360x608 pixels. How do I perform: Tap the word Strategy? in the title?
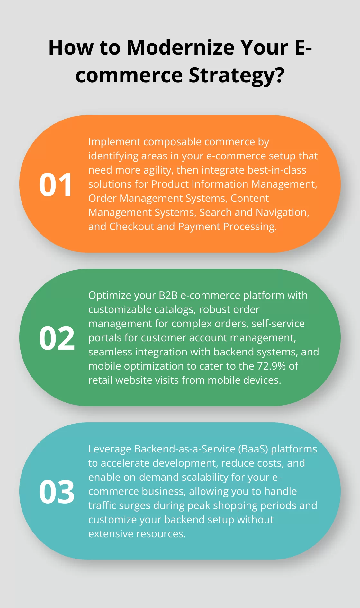(x=237, y=75)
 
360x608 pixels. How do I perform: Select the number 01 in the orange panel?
(x=56, y=184)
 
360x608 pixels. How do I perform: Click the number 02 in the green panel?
(x=57, y=338)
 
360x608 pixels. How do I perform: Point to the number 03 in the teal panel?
(x=57, y=492)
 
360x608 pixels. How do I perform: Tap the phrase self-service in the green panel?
(x=278, y=324)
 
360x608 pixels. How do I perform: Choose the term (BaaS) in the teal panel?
(x=253, y=449)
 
